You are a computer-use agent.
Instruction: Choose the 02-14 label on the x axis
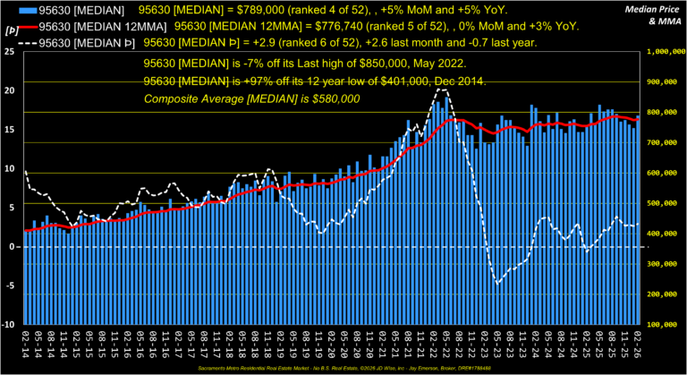tap(28, 345)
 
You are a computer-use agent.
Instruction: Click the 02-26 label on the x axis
tap(637, 345)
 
